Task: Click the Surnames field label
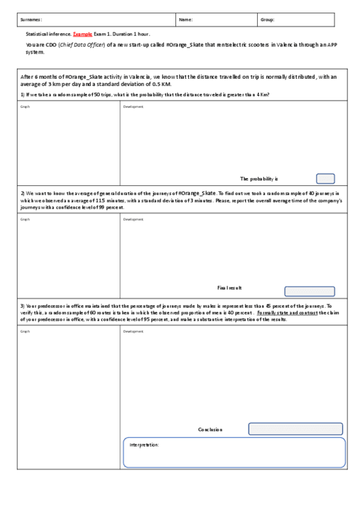31,20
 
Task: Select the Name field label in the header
186,20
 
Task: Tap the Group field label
267,20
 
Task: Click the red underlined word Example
82,34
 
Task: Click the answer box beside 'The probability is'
325,179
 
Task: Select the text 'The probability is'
259,179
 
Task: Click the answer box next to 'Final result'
310,292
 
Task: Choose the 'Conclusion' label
210,429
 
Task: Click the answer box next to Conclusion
295,429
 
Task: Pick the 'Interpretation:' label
144,445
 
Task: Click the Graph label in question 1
25,106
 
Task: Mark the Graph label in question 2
25,219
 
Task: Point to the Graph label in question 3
25,331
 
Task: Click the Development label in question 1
133,106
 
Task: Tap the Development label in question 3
133,331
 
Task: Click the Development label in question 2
133,219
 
